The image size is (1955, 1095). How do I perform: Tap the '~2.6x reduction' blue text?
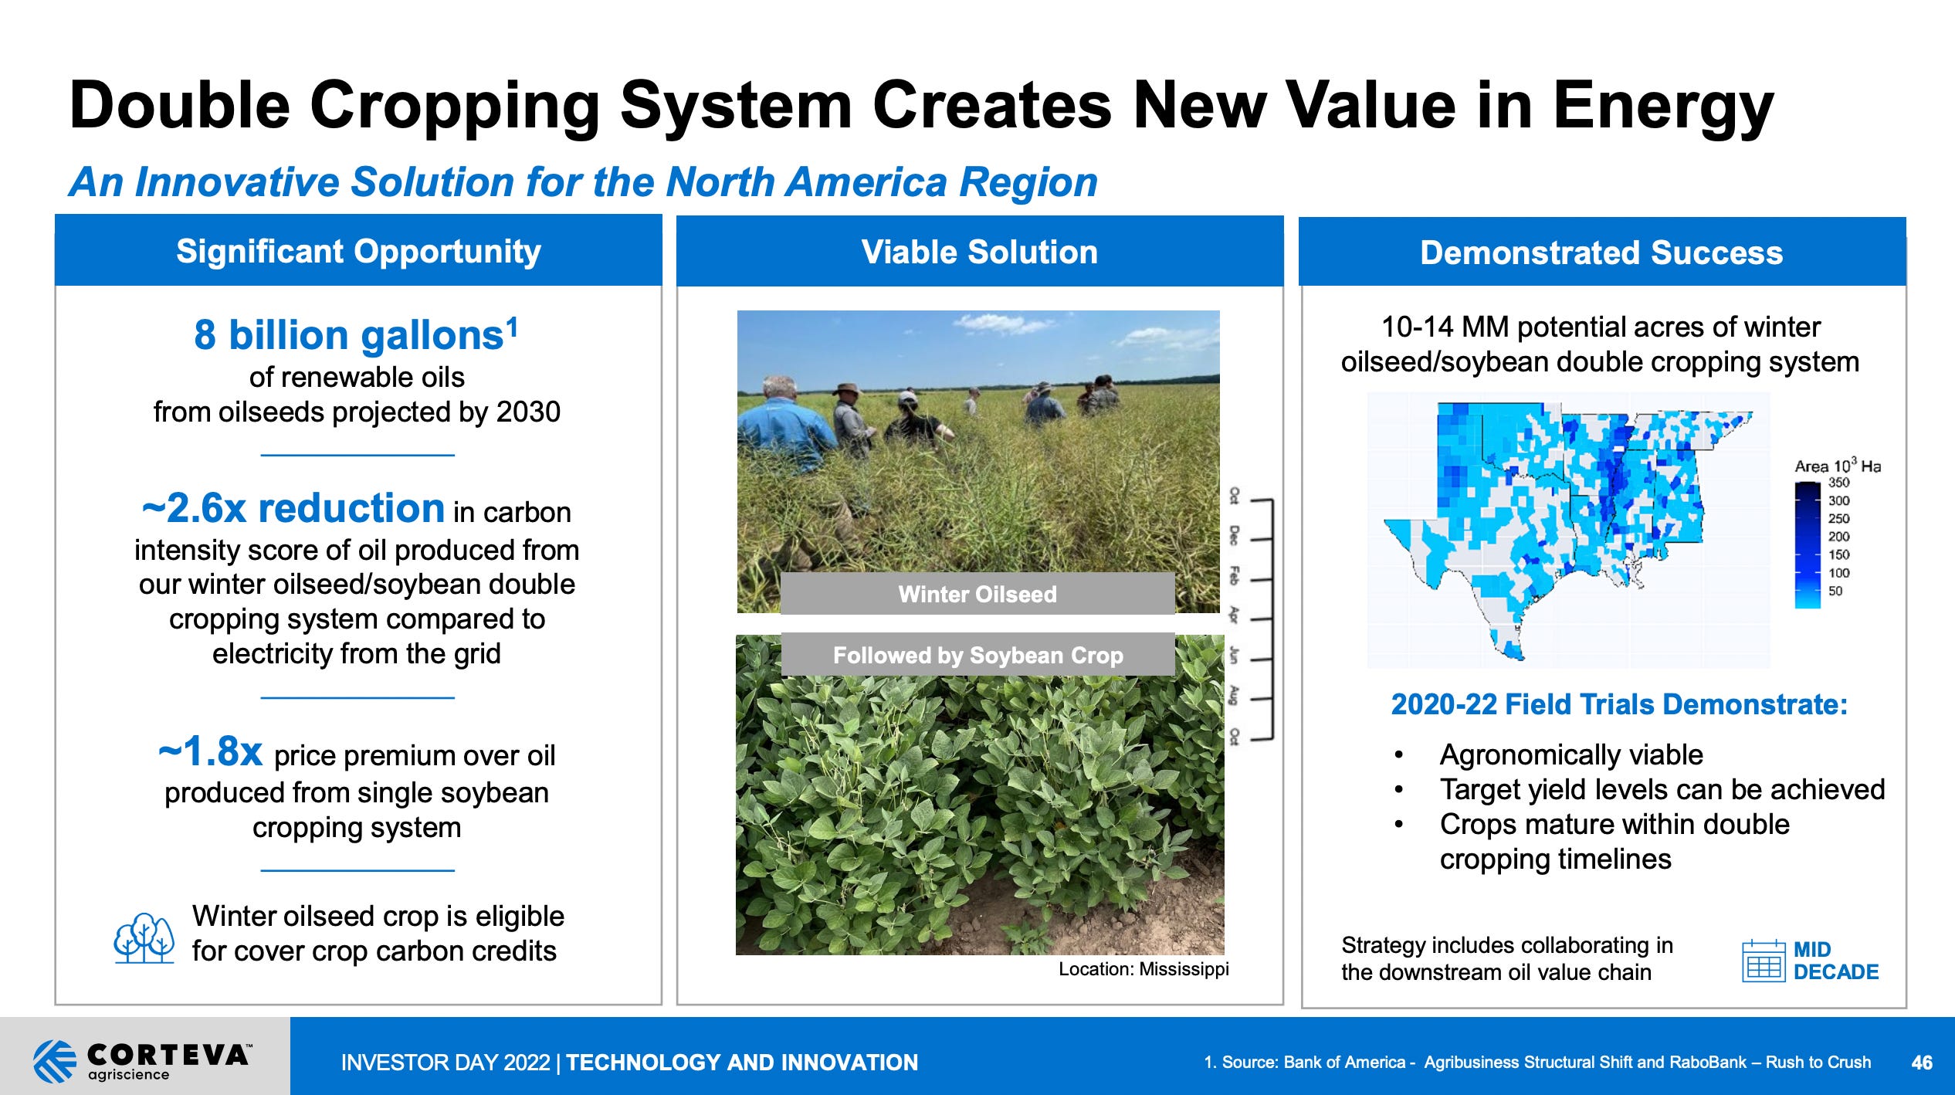point(293,509)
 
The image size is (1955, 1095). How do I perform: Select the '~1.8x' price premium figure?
point(211,751)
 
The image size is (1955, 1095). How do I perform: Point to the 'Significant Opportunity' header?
point(358,252)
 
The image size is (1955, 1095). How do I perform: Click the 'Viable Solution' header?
point(979,253)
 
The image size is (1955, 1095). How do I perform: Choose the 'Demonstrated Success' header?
point(1601,253)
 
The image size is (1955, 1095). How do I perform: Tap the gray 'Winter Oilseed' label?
point(977,594)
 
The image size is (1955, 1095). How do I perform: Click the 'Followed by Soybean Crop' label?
point(977,656)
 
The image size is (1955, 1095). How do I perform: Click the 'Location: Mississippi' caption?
point(1143,969)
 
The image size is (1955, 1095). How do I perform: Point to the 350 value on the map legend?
point(1838,483)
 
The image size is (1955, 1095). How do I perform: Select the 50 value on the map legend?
point(1835,591)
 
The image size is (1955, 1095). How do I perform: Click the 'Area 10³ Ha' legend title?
point(1837,466)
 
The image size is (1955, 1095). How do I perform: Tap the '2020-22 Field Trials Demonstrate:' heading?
point(1618,704)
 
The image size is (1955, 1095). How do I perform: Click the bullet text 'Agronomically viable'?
point(1570,754)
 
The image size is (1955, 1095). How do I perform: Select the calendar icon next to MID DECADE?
point(1764,961)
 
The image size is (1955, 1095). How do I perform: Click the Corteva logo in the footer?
point(143,1059)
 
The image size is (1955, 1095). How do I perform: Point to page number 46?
point(1922,1063)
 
